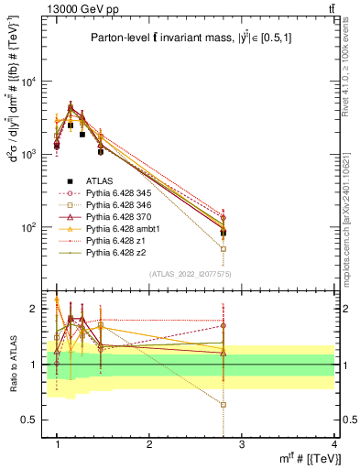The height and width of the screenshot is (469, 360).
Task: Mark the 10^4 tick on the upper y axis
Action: pos(30,82)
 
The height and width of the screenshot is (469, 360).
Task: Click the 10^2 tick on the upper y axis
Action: pos(30,227)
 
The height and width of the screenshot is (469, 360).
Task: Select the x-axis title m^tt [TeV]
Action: pos(304,459)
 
